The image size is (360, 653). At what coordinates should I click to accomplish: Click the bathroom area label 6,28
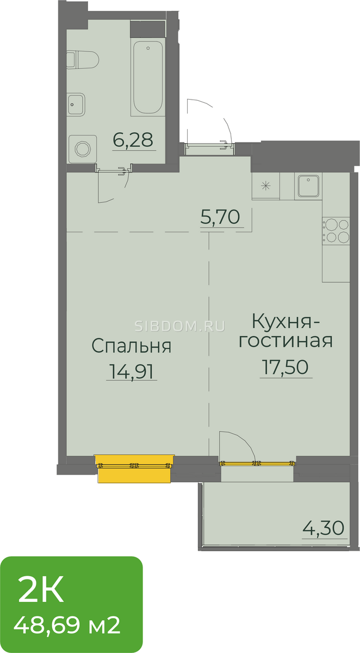tap(133, 140)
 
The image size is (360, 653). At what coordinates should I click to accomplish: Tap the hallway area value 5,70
tap(220, 217)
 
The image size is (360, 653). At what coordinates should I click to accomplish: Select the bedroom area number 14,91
tap(131, 371)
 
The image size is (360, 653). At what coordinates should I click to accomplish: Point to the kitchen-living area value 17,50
tap(285, 367)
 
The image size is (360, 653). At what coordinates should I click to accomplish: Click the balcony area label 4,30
tap(324, 528)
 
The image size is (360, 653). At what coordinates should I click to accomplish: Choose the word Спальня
tap(132, 346)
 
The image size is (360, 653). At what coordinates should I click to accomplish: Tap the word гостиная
tap(285, 341)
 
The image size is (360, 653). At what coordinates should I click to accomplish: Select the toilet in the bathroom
tap(83, 60)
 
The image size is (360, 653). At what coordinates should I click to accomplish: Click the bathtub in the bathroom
tap(147, 77)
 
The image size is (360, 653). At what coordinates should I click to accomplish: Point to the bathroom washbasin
tap(76, 104)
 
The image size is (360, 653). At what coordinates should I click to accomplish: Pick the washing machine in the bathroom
tap(83, 149)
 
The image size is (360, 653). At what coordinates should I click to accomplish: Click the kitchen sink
tap(308, 186)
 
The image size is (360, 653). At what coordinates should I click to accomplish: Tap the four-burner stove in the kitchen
tap(336, 231)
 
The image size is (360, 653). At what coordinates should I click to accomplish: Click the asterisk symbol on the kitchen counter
tap(265, 186)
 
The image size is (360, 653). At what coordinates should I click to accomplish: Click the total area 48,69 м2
tap(67, 625)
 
